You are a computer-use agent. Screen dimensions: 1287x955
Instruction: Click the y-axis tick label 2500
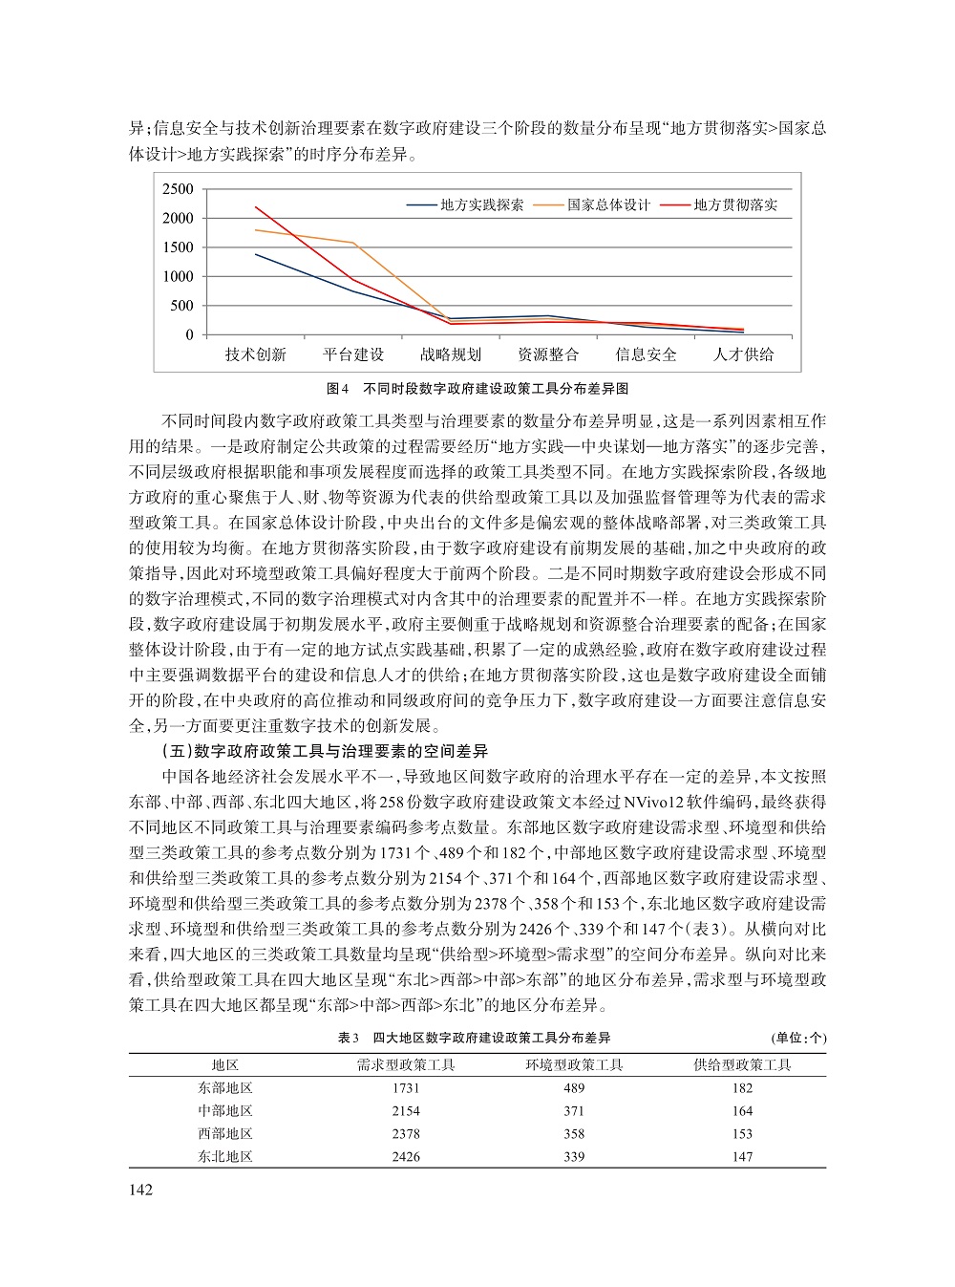177,189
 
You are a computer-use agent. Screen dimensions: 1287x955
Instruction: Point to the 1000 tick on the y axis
177,277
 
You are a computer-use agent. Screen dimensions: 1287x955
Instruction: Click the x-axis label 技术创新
255,354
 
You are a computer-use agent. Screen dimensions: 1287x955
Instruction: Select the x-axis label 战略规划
451,354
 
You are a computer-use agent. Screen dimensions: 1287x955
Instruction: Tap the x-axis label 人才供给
743,354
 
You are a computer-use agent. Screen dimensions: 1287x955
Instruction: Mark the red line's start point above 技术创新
256,207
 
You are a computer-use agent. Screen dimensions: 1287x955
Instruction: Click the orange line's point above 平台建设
353,243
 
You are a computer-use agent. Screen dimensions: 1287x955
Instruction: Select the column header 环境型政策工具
574,1064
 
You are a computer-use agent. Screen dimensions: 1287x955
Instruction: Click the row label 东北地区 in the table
225,1156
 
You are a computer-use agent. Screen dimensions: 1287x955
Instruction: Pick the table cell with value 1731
406,1088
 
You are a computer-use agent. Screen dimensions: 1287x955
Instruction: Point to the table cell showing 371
574,1111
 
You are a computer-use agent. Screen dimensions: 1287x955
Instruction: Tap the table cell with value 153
742,1134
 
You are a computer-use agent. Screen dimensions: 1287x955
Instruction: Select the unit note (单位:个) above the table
797,1038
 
